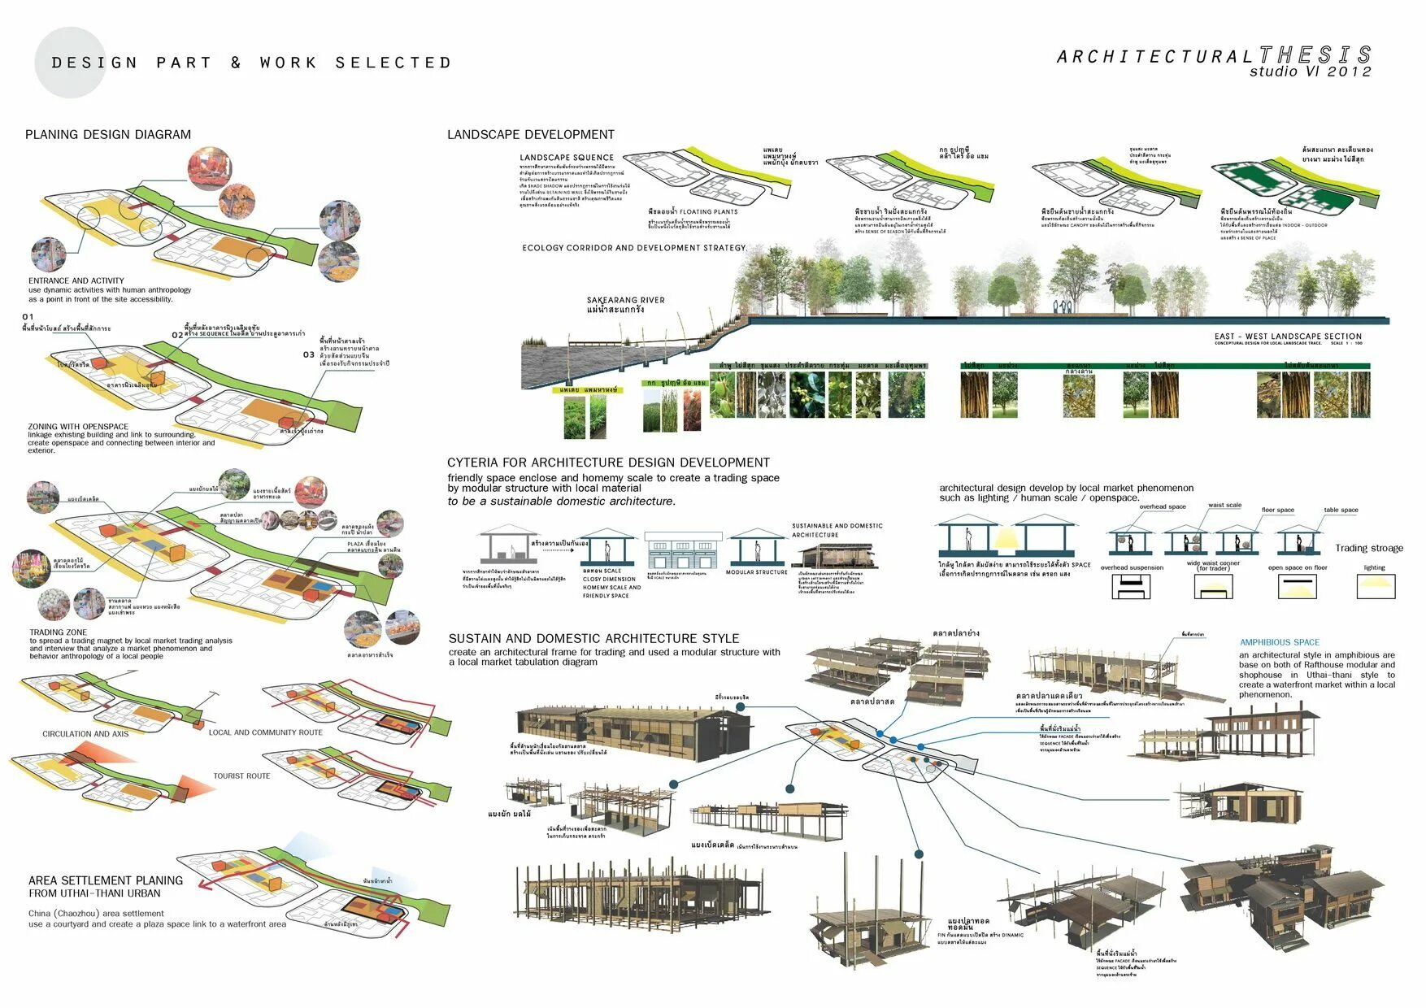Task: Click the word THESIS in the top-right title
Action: click(x=1315, y=55)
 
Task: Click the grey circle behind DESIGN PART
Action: click(x=71, y=63)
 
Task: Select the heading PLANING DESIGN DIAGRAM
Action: click(x=108, y=135)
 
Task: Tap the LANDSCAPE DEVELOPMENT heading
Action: click(x=530, y=135)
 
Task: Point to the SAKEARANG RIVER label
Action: click(x=625, y=301)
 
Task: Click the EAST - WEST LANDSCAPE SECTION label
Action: click(x=1288, y=336)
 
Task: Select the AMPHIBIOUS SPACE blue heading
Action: click(x=1280, y=642)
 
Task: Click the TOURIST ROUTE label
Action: click(x=241, y=776)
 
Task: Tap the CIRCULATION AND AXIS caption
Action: click(x=85, y=734)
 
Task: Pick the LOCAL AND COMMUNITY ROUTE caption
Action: click(x=265, y=732)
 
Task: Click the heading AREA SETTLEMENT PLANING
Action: click(x=106, y=880)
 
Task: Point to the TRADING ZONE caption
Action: click(x=58, y=632)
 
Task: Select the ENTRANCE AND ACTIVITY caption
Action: click(x=76, y=280)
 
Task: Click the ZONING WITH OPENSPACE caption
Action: click(x=78, y=426)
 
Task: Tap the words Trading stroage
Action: click(x=1368, y=548)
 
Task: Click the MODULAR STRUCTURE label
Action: click(x=756, y=572)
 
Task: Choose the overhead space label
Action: click(x=1162, y=506)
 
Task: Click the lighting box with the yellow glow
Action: click(x=1375, y=586)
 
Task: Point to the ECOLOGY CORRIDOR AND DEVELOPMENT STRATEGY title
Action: click(x=633, y=248)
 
